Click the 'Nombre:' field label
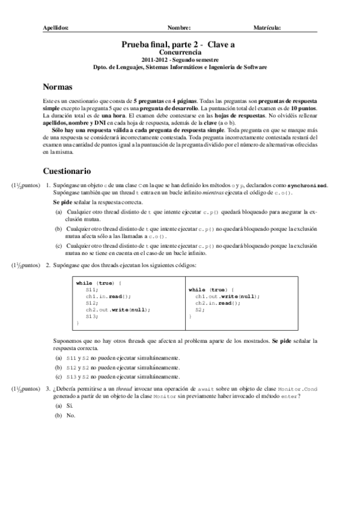point(179,28)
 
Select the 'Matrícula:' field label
point(267,28)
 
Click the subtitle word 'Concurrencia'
point(179,53)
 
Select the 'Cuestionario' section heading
point(67,170)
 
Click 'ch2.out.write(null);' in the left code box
point(117,309)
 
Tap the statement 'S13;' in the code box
point(92,316)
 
